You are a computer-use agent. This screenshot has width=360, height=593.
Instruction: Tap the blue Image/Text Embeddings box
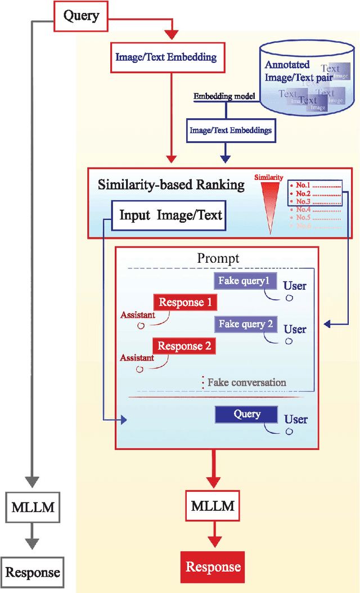(x=231, y=130)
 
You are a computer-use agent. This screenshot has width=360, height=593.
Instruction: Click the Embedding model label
(x=224, y=96)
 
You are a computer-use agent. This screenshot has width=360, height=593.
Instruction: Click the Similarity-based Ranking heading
(x=171, y=185)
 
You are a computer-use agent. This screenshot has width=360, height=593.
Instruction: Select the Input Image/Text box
(x=171, y=215)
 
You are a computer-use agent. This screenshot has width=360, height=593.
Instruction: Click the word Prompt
(x=218, y=258)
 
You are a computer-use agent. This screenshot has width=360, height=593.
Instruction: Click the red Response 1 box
(x=185, y=303)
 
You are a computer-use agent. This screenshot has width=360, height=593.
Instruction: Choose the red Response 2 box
(x=184, y=346)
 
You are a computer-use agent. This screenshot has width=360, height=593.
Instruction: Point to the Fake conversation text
(x=246, y=383)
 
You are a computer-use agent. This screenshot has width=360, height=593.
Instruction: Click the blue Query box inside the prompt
(x=247, y=415)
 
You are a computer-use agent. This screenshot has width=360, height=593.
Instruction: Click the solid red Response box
(x=213, y=567)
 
